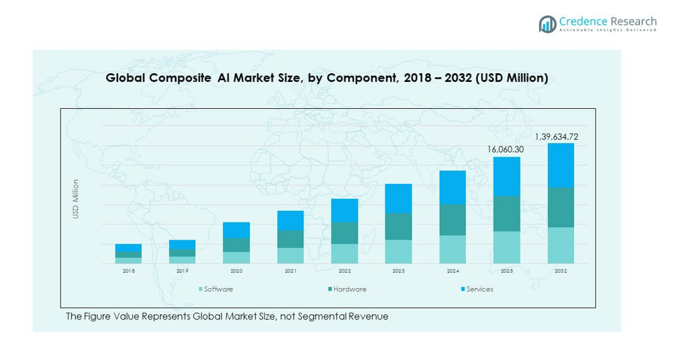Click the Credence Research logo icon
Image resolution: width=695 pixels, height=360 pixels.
coord(547,24)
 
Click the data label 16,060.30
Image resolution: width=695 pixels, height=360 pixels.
coord(506,149)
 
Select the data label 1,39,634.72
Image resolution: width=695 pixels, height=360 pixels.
coord(556,137)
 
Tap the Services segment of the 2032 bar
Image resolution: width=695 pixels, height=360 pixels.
coord(561,165)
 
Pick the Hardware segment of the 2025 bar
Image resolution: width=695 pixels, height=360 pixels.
coord(506,214)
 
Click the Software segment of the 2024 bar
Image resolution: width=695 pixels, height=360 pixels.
coord(453,249)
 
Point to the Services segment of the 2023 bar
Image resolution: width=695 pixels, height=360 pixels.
coord(398,199)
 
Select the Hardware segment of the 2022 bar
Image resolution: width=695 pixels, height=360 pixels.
coord(344,233)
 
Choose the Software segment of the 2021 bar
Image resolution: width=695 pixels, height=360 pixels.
coord(290,255)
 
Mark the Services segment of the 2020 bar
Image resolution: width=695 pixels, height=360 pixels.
coord(236,230)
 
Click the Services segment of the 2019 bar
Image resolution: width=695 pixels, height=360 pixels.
coord(182,244)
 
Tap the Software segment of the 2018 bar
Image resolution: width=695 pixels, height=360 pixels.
coord(128,261)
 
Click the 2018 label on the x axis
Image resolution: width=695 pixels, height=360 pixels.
coord(128,271)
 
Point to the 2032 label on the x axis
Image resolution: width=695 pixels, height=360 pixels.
coord(561,271)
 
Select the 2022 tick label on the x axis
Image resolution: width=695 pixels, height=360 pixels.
coord(344,271)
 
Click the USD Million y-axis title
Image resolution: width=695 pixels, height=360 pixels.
coord(76,198)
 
